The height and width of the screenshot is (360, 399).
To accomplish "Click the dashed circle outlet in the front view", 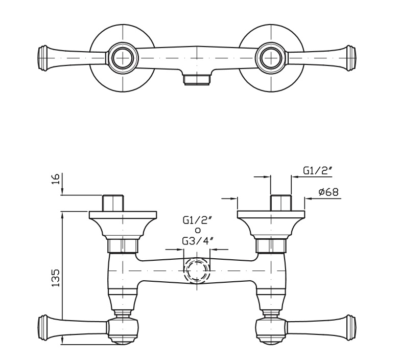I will click(196, 270).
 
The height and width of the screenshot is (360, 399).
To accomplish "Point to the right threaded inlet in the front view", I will click(280, 202).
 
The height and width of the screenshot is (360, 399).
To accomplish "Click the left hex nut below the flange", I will click(123, 246).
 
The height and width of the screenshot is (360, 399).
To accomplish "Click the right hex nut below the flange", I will click(271, 246).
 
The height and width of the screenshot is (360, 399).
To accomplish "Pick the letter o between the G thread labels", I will click(197, 231).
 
